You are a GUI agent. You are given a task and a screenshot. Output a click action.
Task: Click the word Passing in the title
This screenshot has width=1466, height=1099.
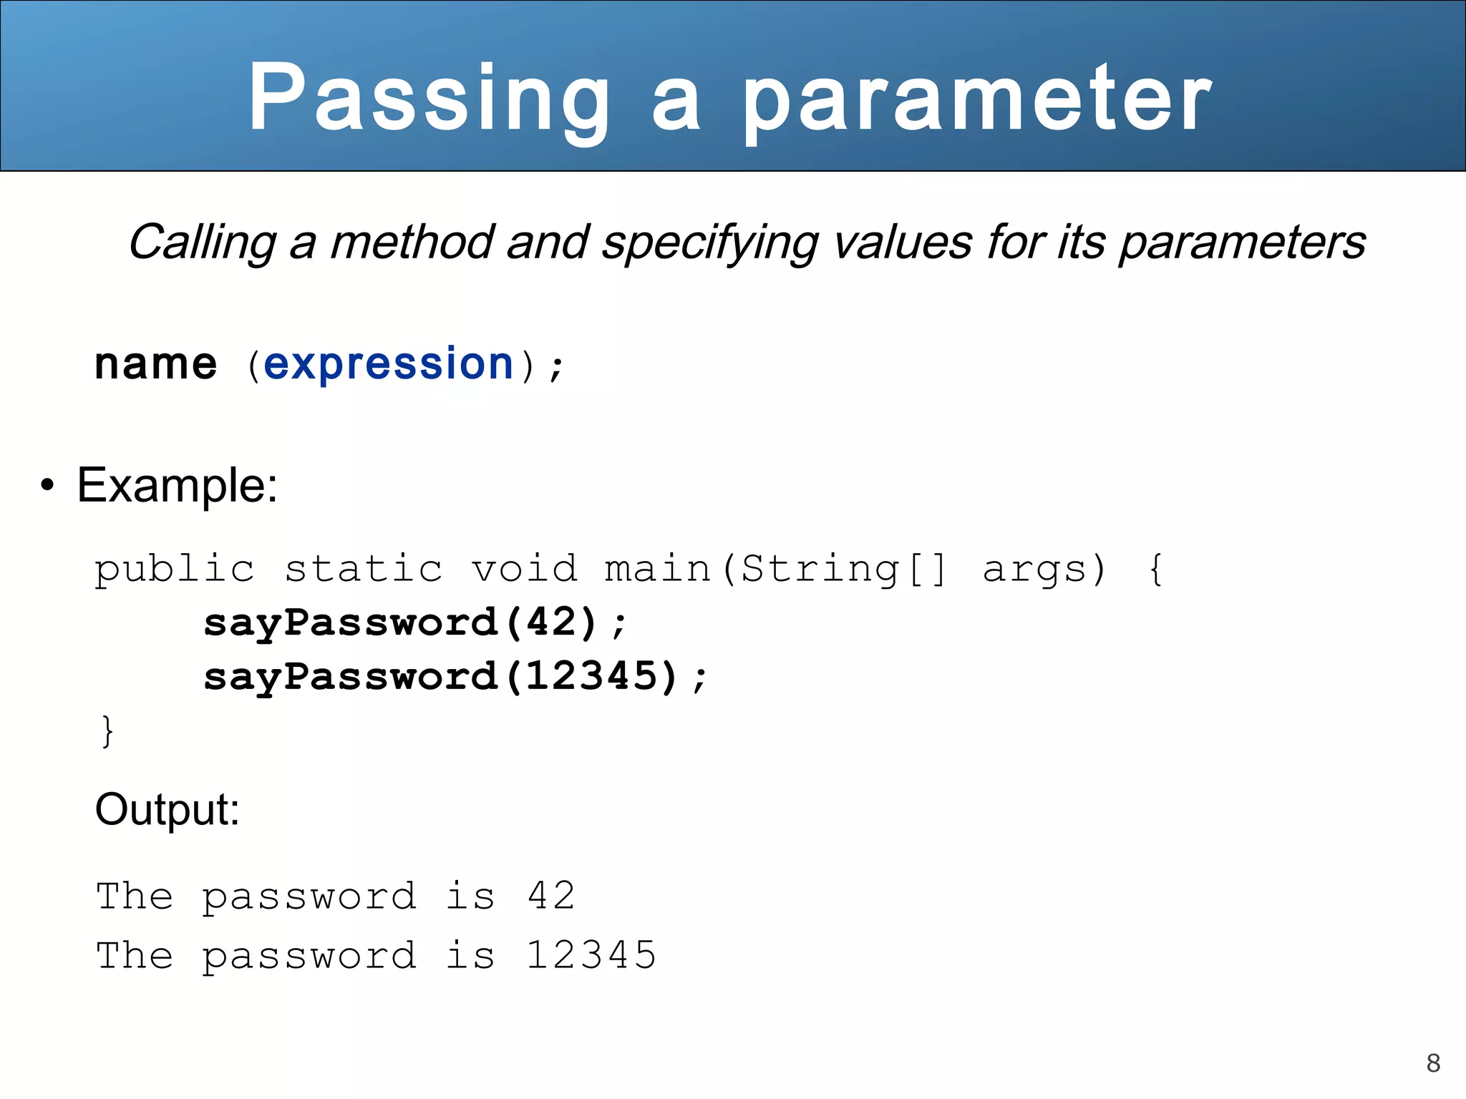(x=428, y=99)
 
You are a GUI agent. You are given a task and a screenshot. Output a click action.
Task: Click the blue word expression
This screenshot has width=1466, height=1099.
(x=389, y=364)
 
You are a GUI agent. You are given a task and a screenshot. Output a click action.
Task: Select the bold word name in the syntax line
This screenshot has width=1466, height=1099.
(x=155, y=364)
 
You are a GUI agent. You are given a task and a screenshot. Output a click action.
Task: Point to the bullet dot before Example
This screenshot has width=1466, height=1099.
(x=47, y=486)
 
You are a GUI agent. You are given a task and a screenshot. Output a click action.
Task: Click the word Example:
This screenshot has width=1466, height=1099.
(x=177, y=486)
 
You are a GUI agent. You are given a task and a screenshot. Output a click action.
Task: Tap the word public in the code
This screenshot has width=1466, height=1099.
(x=174, y=570)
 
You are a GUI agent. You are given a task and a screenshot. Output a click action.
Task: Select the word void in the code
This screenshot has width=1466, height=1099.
(x=524, y=570)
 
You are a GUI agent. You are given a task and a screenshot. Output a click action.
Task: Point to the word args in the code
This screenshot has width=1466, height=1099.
(x=1034, y=570)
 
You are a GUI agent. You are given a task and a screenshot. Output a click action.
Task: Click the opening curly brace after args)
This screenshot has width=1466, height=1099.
(x=1155, y=570)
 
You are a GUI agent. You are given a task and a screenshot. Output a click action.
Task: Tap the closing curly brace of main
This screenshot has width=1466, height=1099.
(x=107, y=731)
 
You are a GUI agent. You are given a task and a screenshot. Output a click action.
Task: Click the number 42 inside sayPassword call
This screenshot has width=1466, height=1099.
(x=551, y=622)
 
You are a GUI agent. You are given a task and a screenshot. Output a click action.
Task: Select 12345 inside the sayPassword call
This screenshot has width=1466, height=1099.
(x=591, y=676)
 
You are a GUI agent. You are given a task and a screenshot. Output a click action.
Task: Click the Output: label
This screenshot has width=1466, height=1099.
(x=167, y=810)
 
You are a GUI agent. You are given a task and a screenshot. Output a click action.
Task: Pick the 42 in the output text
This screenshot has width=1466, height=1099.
(x=551, y=896)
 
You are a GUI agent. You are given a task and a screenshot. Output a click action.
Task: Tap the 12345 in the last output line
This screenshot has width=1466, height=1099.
(x=591, y=956)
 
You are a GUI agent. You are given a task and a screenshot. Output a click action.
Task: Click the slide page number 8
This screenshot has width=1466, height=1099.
(x=1433, y=1063)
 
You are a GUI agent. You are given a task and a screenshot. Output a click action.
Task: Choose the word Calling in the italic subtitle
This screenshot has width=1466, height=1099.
(x=203, y=243)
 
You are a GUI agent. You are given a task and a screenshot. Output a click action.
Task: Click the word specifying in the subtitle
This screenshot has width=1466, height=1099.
(x=709, y=243)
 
